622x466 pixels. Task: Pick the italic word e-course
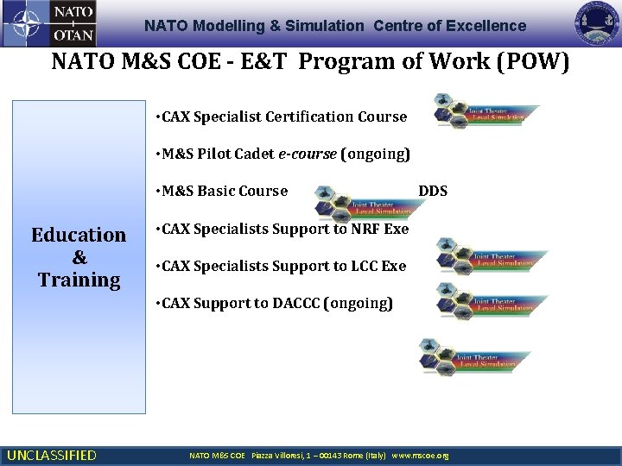[x=308, y=154]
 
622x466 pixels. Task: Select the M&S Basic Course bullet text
[x=221, y=191]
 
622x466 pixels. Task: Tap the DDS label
[x=433, y=191]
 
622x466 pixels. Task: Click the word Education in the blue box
[x=79, y=235]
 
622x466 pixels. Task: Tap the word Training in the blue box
[x=79, y=280]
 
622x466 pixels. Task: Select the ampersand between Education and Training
[x=79, y=257]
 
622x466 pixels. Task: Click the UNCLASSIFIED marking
[x=52, y=455]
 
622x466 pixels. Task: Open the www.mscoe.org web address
[x=421, y=455]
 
